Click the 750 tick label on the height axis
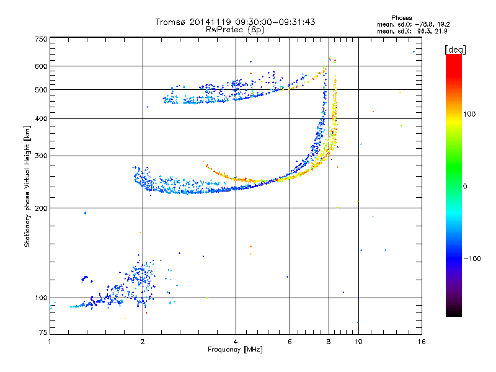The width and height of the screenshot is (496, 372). click(41, 39)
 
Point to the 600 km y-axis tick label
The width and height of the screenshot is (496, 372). click(41, 66)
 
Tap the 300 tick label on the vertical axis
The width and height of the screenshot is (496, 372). click(41, 156)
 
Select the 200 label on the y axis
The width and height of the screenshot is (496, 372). click(41, 208)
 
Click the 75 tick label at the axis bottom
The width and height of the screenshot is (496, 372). click(43, 332)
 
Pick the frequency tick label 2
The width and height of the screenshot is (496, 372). click(143, 342)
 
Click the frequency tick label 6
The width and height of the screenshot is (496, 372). click(290, 342)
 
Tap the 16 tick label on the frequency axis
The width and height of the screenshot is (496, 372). click(422, 342)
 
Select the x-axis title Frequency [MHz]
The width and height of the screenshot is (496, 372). click(235, 350)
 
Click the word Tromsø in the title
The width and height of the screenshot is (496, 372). click(170, 22)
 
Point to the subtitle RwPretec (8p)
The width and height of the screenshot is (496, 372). click(235, 30)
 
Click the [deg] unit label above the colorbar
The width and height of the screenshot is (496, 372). click(455, 50)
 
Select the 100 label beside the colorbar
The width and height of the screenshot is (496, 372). click(469, 114)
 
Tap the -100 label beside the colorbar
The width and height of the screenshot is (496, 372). click(472, 259)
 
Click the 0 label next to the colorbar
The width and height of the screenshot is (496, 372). click(465, 187)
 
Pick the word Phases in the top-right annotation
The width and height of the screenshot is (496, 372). click(401, 18)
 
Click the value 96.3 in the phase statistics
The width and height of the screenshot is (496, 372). click(423, 32)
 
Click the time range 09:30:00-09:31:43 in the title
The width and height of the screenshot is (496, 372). click(275, 22)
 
